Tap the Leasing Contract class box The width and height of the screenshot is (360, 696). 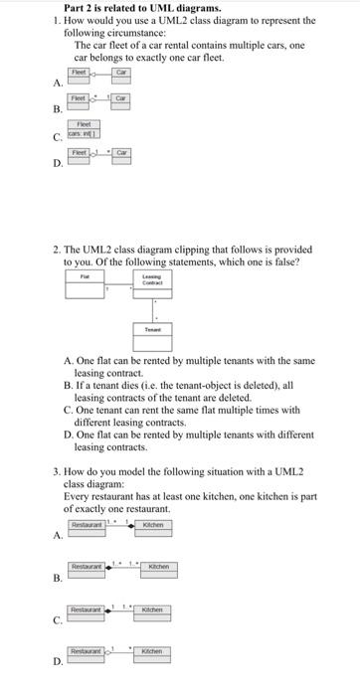click(152, 280)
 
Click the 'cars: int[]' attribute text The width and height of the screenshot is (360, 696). click(81, 132)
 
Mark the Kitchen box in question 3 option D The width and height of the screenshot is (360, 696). click(151, 653)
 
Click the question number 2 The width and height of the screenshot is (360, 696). click(57, 249)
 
